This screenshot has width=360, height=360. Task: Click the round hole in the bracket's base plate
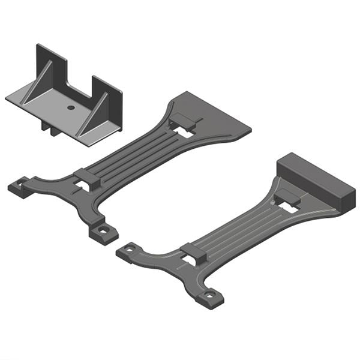[71, 107]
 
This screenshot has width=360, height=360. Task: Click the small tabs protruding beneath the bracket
[49, 127]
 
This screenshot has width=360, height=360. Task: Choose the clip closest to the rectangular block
[287, 200]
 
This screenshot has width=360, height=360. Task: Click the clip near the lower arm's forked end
[193, 253]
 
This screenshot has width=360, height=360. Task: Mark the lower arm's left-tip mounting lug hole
[128, 249]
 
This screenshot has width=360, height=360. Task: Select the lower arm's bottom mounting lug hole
[209, 295]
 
